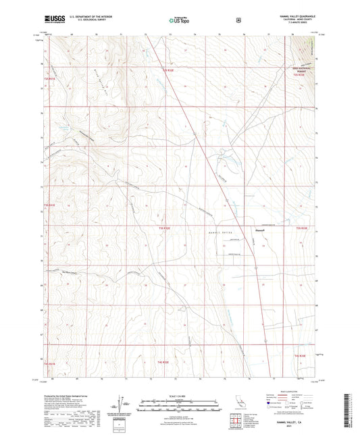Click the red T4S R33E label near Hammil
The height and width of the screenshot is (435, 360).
coord(304,230)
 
